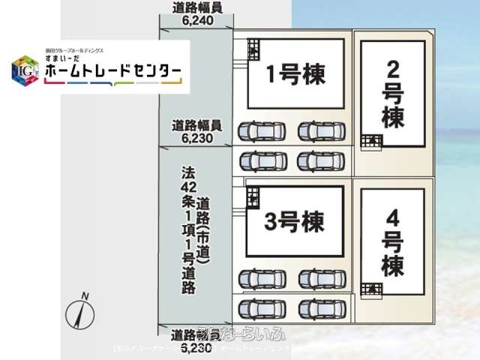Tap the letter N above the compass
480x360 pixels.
(x=86, y=294)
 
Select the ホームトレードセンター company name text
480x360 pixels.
(x=112, y=72)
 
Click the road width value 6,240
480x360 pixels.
(x=197, y=22)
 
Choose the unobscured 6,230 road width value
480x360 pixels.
(x=197, y=138)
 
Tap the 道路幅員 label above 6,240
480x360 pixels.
(x=197, y=9)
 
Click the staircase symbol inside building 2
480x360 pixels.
(x=370, y=139)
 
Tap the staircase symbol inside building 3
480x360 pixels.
(x=253, y=196)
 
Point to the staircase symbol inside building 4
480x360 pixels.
(x=370, y=289)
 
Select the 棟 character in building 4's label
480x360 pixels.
(x=392, y=265)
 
